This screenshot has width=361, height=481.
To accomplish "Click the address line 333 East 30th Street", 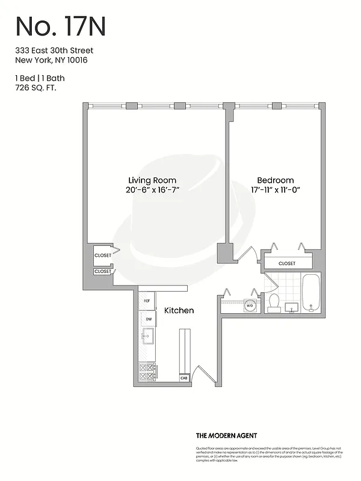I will coord(54,51).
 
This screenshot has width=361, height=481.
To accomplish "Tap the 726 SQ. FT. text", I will coord(39,88).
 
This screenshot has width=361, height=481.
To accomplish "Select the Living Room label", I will coord(152,180).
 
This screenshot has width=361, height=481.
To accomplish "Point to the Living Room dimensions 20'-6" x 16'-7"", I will coord(152,190).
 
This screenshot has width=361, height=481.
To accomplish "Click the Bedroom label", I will coord(275,180).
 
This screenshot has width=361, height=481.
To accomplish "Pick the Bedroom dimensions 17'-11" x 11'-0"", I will coord(275,190).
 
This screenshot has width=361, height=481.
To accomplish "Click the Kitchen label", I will coord(179,310).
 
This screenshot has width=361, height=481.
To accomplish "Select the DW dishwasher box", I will coord(147,319).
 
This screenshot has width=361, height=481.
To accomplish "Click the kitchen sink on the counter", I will coord(147,337).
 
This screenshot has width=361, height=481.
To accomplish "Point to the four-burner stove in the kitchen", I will coord(147,372).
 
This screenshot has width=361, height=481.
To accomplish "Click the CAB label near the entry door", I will coord(184,378).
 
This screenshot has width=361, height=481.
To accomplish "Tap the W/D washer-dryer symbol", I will coord(250,306).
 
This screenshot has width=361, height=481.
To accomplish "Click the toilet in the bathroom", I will coord(274,302).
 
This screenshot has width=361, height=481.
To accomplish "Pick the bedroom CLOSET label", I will coord(287,263).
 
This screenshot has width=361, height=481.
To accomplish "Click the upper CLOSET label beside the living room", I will coord(102,256).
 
